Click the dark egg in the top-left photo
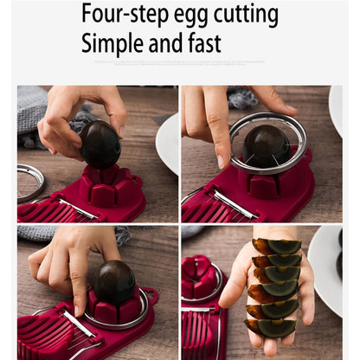(x=100, y=145)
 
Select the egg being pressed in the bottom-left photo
(x=114, y=282)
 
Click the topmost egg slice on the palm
(x=276, y=247)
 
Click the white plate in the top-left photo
(x=168, y=143)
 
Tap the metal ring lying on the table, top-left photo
(x=31, y=182)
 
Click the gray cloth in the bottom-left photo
(x=52, y=234)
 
